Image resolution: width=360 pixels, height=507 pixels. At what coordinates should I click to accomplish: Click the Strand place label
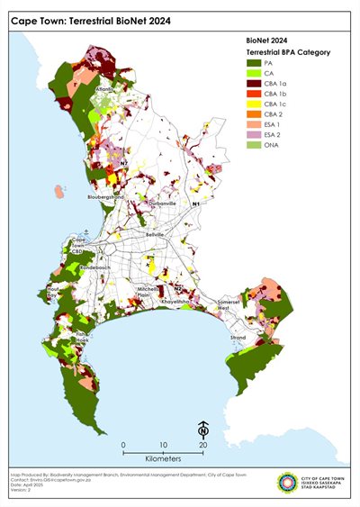[238, 338]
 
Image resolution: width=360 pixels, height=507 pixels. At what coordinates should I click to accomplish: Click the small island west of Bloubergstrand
[59, 190]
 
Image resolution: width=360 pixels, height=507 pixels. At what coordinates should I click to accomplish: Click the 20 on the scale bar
[203, 446]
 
